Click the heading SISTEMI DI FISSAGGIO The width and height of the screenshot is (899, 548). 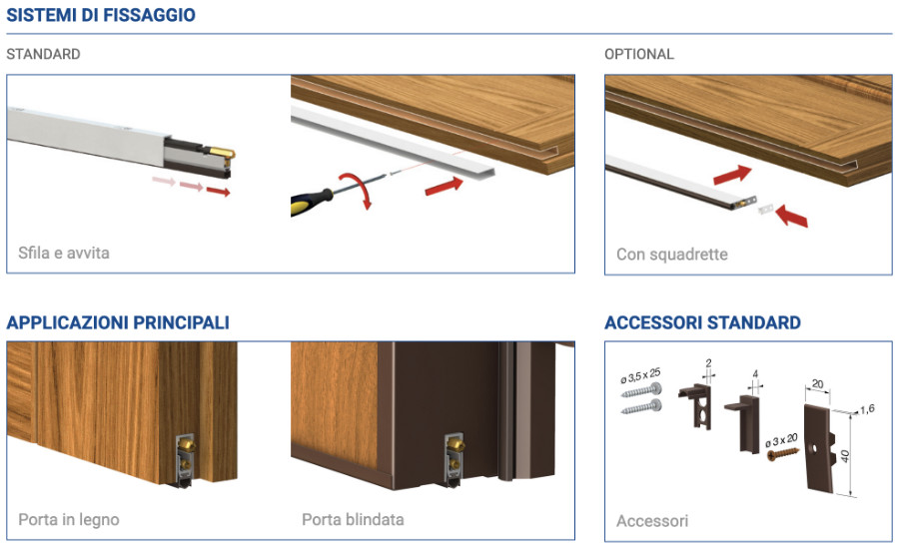[101, 15]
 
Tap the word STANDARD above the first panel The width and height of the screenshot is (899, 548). [44, 55]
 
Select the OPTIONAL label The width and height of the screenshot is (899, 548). [639, 55]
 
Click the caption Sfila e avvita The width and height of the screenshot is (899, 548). [64, 253]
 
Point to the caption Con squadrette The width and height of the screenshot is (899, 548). [672, 254]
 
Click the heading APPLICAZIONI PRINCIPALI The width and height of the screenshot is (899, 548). [118, 322]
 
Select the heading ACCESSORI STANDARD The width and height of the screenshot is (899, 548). [703, 322]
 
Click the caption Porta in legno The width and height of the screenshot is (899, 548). [69, 520]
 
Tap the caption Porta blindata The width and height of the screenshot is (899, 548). [354, 520]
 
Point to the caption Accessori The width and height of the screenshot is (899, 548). [652, 521]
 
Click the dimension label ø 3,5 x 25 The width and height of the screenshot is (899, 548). [640, 376]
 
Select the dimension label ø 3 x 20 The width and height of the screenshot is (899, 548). [781, 441]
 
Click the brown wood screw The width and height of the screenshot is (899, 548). [782, 454]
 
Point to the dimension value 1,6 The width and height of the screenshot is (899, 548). [867, 409]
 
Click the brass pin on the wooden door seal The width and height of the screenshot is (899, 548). [186, 444]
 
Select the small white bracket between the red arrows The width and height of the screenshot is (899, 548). [766, 210]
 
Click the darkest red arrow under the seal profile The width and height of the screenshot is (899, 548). [219, 192]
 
